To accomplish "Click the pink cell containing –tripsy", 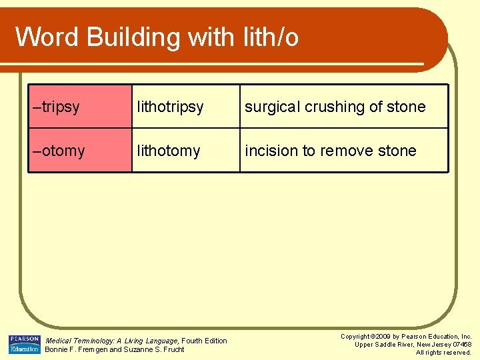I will tap(79, 107).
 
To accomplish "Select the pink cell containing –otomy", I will tap(79, 151).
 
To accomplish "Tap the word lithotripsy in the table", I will tap(170, 107).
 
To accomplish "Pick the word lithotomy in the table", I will tap(168, 151).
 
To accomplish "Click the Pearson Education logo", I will tap(24, 344).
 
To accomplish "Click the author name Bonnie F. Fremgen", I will tap(75, 349).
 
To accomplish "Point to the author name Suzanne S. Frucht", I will tap(153, 349).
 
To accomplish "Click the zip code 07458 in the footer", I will tap(461, 345).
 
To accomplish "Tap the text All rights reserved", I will tap(443, 353).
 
